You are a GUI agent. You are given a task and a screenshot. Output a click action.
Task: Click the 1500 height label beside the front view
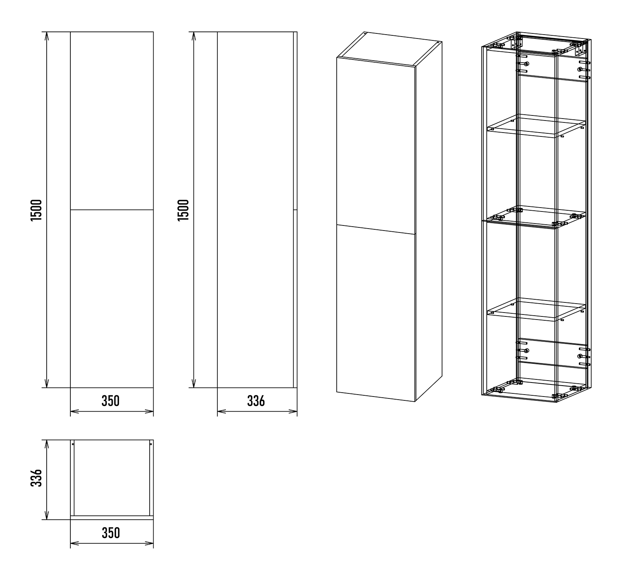coord(36,210)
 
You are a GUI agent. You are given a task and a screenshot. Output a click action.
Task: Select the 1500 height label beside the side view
coord(183,210)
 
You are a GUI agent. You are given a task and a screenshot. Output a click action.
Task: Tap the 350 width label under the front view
coord(111,401)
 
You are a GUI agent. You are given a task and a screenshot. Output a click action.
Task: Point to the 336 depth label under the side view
coord(256,401)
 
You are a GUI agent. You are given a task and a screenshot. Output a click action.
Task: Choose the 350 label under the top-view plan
coord(111,533)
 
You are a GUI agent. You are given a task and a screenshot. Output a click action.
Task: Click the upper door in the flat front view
coord(112,121)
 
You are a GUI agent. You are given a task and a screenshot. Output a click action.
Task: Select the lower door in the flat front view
coord(112,299)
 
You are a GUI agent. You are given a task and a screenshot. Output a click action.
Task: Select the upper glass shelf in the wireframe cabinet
coord(536,126)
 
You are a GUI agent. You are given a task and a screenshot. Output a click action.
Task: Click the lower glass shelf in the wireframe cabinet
coord(536,310)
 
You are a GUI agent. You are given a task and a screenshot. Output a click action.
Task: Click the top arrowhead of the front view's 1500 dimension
coord(47,36)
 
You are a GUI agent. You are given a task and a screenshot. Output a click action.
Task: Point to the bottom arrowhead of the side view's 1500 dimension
coord(194,383)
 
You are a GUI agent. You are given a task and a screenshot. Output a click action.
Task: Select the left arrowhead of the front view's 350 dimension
coord(75,411)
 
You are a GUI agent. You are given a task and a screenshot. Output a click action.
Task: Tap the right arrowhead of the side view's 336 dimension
coord(293,411)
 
